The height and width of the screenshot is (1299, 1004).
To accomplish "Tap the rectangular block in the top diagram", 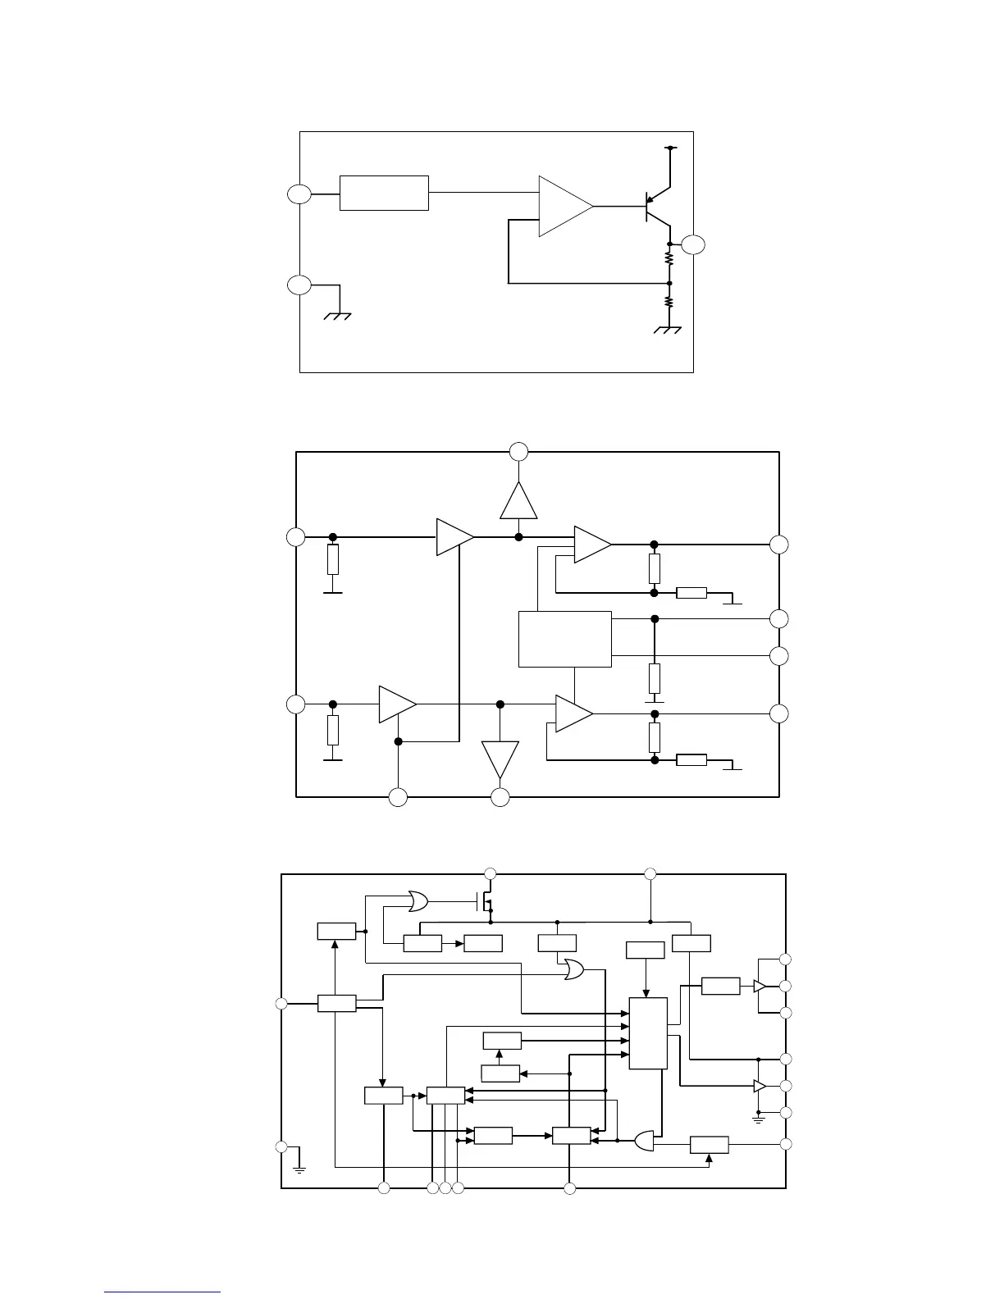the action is point(384,193).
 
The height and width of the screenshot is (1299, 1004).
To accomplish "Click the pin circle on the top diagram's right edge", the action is point(693,244).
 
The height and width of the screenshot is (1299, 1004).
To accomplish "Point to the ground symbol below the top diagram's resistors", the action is point(669,330).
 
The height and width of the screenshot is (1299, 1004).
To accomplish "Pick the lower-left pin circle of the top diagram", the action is point(299,285).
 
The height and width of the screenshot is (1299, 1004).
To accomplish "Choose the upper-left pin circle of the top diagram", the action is point(299,194).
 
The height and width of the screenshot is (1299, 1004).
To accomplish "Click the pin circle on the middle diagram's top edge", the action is point(518,451).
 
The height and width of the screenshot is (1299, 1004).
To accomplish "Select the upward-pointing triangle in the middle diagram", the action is point(518,503).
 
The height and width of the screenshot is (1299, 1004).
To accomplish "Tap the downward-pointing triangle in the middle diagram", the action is point(500,758).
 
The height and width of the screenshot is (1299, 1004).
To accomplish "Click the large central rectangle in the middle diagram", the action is point(565,639).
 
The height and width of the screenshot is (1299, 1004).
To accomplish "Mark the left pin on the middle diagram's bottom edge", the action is point(398,796).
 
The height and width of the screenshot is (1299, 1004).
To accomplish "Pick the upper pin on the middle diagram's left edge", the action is point(295,537).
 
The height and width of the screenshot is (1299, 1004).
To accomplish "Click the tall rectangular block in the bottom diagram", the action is point(648,1033).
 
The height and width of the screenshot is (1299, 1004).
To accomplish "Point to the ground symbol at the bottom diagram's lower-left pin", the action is point(299,1166).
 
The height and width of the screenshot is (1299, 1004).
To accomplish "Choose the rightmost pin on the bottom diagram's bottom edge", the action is point(570,1188).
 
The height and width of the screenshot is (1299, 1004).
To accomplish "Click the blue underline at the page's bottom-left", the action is point(162,1292).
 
